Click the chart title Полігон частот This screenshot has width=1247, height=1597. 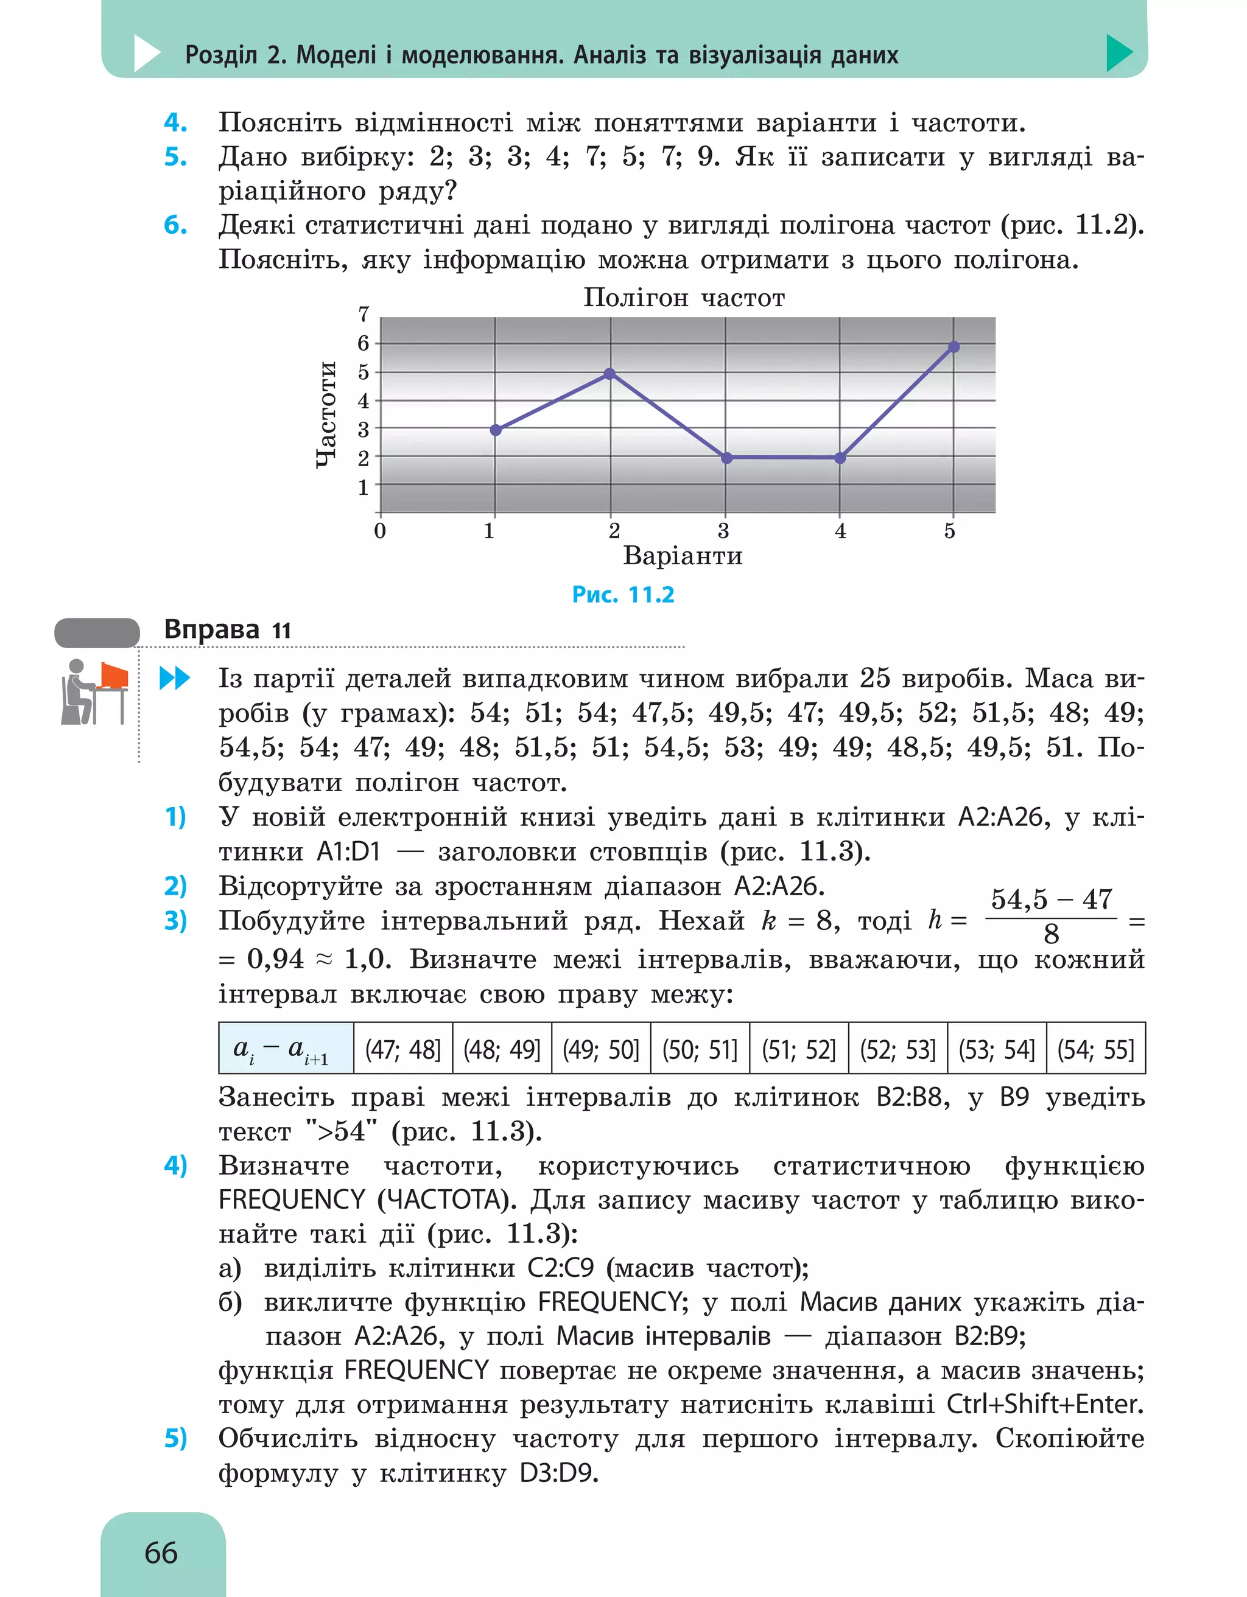tap(683, 298)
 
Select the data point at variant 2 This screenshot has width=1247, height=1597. tap(610, 374)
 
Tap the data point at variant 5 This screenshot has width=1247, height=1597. tap(953, 346)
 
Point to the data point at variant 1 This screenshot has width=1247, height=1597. tap(495, 430)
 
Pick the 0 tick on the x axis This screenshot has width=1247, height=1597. tap(379, 531)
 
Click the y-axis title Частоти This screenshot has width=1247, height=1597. tap(326, 414)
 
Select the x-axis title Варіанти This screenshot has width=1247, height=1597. tap(683, 556)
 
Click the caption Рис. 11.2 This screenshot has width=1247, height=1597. tap(622, 595)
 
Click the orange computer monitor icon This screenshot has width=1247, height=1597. tap(113, 676)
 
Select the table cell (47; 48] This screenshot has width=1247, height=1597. tap(403, 1050)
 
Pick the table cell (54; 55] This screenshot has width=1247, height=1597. tap(1095, 1050)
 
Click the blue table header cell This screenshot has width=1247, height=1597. tap(286, 1050)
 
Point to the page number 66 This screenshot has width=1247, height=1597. tap(161, 1553)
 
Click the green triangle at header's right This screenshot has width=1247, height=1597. tap(1119, 53)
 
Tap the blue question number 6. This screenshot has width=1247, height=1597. tap(175, 225)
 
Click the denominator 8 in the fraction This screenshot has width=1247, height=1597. tap(1051, 934)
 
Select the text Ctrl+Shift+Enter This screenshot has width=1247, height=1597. tap(1045, 1404)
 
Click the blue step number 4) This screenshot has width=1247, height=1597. tap(175, 1165)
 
